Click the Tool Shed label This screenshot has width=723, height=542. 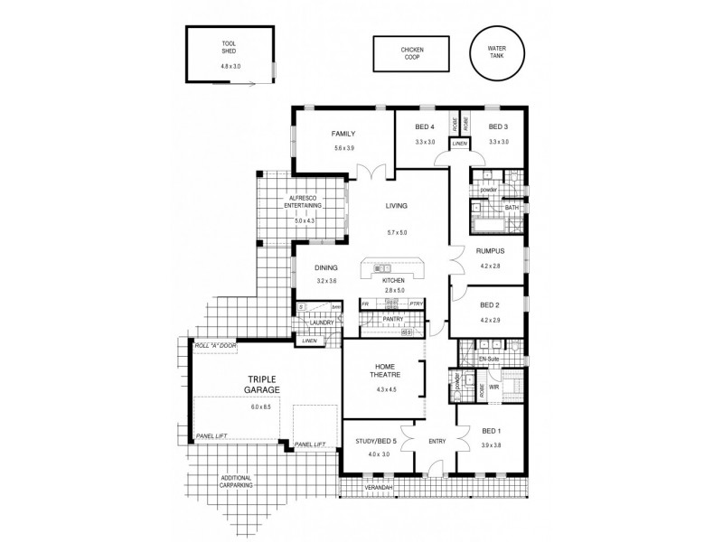pos(229,48)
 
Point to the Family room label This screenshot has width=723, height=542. pos(343,134)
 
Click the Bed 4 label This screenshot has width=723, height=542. pos(425,126)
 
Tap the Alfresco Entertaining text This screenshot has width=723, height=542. pos(301,203)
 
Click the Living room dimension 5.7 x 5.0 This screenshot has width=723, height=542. pos(397,233)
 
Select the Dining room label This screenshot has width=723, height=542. pos(326,268)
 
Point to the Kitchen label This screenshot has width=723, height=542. pos(395,280)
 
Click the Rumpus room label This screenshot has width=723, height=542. pos(490,252)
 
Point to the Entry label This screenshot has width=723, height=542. pos(437,442)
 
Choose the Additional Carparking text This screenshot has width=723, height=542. pos(236,481)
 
